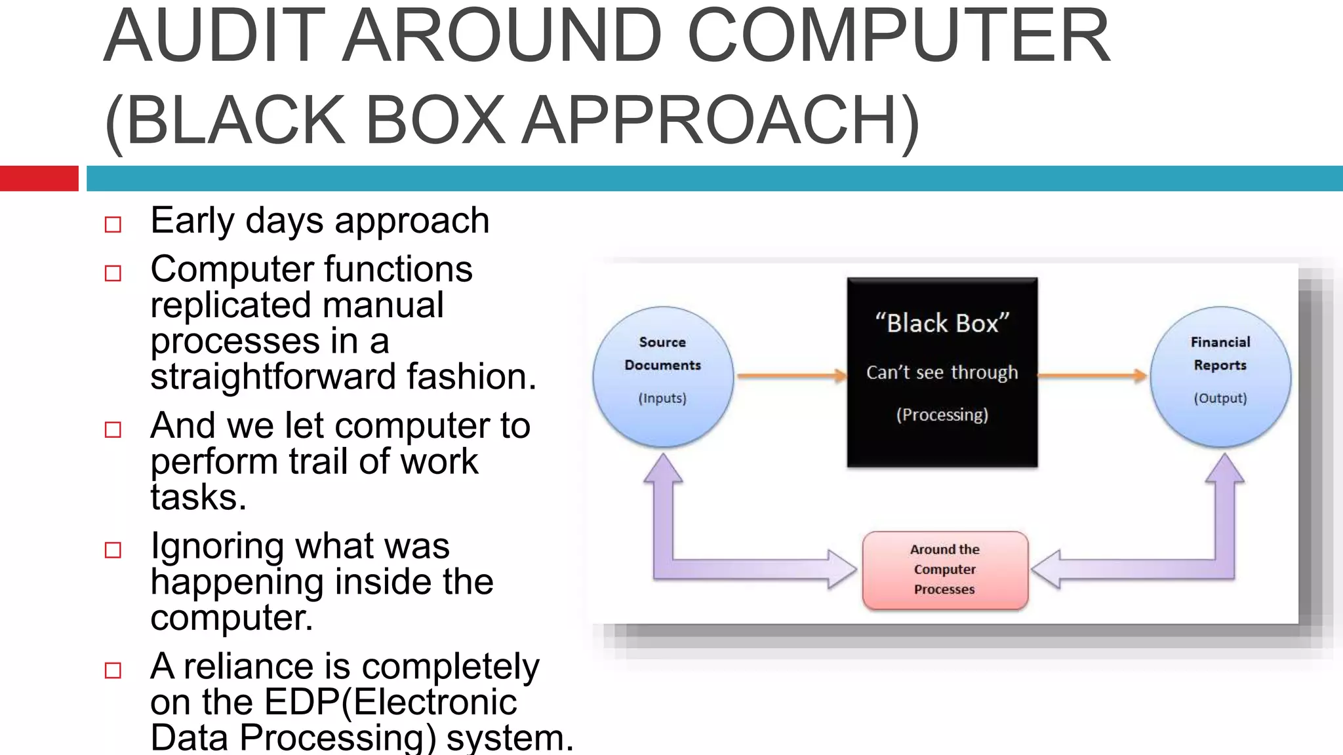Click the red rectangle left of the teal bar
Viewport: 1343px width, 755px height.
pos(39,178)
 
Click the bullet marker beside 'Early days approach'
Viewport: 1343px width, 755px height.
pos(113,225)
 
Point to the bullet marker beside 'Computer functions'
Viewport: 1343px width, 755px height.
pos(113,273)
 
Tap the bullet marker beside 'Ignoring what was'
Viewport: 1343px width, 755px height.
pos(113,550)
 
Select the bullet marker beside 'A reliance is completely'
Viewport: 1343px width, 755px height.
pos(113,670)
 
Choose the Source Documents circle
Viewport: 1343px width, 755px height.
pos(663,376)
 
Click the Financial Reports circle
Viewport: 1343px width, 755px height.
pos(1220,376)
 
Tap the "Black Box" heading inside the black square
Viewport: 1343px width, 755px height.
pos(942,323)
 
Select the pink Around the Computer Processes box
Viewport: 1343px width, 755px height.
pos(945,570)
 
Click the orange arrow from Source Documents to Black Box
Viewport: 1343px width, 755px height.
pos(790,376)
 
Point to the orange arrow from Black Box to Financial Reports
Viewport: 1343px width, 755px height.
pos(1092,376)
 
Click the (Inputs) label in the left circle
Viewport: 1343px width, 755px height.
pos(662,398)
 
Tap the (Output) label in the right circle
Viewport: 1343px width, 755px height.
pos(1220,398)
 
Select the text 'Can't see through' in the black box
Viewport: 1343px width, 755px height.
pos(942,372)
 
